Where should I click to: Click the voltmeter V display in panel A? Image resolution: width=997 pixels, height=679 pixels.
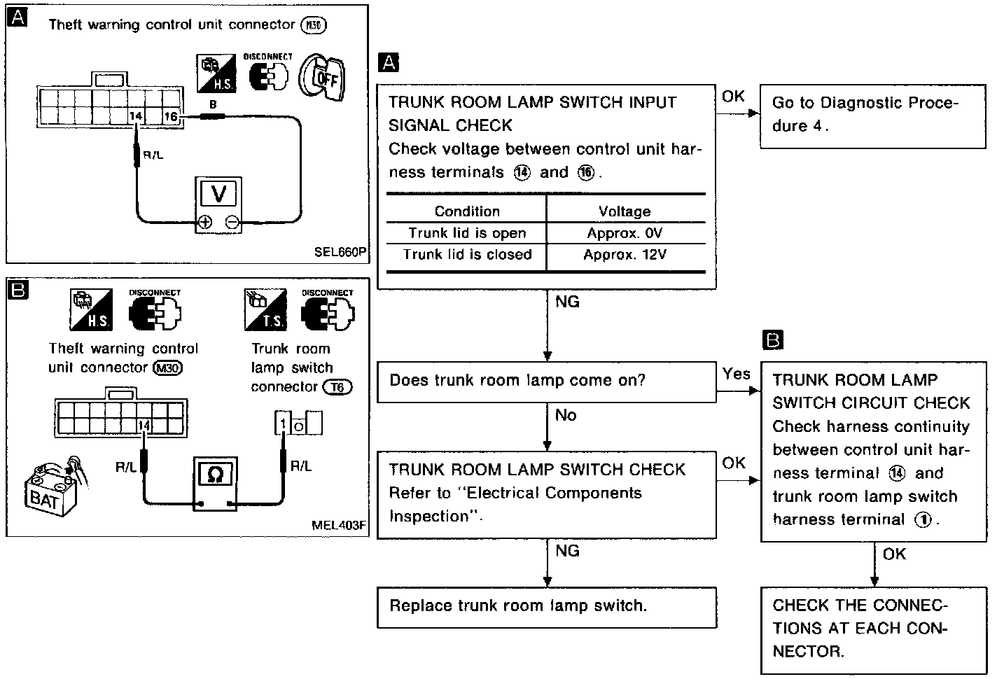click(x=218, y=193)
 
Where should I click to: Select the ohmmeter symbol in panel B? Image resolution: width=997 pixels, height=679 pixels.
click(x=215, y=475)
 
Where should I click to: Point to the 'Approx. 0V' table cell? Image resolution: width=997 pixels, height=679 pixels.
click(x=625, y=233)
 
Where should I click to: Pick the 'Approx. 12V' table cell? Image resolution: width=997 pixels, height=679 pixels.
click(x=625, y=255)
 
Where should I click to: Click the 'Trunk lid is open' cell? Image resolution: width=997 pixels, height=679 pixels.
click(x=467, y=233)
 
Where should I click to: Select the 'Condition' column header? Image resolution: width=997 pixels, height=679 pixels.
click(x=467, y=211)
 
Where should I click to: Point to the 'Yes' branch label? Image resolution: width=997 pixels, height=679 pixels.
click(x=736, y=374)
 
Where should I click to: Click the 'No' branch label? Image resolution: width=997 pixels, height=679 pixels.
click(x=565, y=415)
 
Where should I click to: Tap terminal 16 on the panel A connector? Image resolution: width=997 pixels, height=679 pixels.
click(x=171, y=117)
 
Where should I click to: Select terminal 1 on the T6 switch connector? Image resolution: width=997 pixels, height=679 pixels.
click(x=283, y=424)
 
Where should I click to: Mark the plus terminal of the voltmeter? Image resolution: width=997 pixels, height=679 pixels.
click(x=204, y=223)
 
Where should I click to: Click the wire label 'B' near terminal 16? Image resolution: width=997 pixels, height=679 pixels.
click(x=213, y=105)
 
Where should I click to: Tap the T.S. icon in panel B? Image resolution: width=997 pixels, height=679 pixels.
click(x=265, y=311)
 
